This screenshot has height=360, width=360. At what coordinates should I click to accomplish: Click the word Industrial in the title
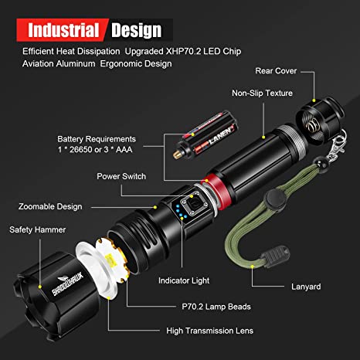pos(64,30)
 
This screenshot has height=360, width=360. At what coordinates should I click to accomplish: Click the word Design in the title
pos(136,30)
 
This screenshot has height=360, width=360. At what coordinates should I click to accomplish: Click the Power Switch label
pos(123,175)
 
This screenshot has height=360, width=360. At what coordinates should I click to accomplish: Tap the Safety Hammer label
pos(38,229)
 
